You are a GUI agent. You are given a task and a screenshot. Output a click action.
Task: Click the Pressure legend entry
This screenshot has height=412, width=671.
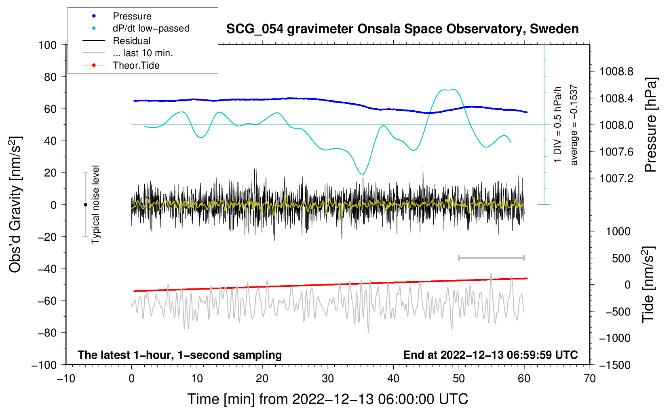tap(117, 16)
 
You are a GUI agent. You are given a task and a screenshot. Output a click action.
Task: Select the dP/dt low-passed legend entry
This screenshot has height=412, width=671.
tap(136, 28)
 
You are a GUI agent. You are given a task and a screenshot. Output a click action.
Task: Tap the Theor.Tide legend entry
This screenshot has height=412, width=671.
tap(121, 65)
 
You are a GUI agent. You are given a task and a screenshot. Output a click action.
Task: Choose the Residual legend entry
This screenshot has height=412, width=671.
tap(116, 41)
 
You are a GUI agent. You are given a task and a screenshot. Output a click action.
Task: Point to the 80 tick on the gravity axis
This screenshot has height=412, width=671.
tap(50, 77)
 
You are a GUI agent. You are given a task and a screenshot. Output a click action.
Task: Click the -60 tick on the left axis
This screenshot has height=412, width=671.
tap(47, 301)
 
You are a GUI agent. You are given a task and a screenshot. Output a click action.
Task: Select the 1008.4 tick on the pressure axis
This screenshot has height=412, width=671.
tap(616, 98)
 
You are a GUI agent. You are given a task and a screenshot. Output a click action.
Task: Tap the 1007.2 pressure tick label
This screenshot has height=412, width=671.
tap(616, 179)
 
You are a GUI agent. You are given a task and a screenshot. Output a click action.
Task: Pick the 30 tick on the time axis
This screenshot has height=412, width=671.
tap(328, 378)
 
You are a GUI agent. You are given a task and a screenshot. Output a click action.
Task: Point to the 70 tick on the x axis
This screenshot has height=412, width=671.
tap(589, 378)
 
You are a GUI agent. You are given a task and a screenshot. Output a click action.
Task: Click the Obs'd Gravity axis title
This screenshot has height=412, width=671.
tap(15, 204)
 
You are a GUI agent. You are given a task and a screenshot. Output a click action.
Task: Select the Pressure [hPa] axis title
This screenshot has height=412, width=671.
tap(650, 125)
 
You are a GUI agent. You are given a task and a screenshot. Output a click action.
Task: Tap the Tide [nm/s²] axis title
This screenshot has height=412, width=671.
tap(648, 284)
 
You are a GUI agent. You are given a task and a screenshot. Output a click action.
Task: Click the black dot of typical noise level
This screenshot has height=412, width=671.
tap(85, 205)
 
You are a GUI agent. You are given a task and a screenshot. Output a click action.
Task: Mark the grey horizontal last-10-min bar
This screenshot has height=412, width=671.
tap(491, 258)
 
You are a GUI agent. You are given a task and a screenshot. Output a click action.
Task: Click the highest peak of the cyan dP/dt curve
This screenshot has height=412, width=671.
tap(448, 90)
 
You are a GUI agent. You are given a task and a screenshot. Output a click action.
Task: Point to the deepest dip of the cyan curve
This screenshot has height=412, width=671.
tap(362, 174)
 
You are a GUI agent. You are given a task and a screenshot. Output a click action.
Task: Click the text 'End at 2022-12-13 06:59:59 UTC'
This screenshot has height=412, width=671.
tap(490, 355)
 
